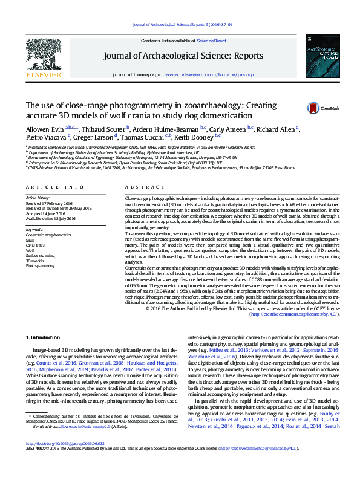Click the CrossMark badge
pos(330,108)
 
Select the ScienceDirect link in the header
pos(212,41)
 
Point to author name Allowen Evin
pos(45,129)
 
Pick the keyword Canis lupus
pos(35,245)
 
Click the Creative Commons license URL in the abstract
pos(289,314)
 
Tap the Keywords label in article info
pos(34,230)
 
